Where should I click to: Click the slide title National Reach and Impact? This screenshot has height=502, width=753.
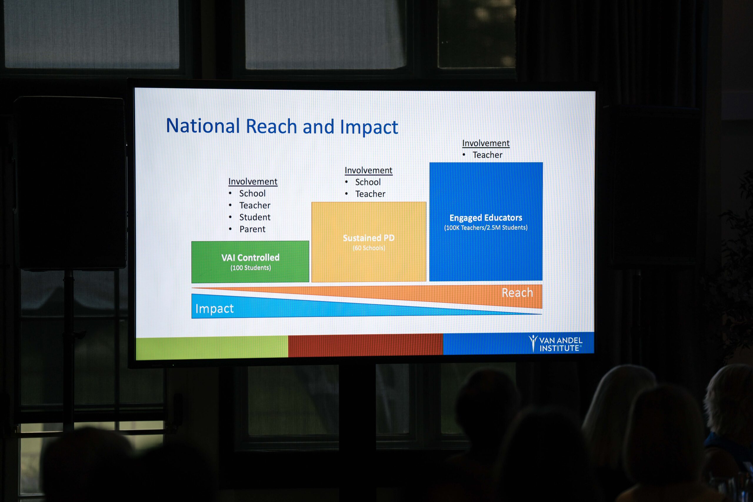point(282,126)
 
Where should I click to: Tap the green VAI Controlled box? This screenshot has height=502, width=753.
point(250,262)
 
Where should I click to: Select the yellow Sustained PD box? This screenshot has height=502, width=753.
point(369,242)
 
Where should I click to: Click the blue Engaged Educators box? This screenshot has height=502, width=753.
point(486,221)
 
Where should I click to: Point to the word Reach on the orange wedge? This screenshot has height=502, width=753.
point(517,293)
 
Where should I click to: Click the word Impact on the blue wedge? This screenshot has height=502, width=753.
point(214,308)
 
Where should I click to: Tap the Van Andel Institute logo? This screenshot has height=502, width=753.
point(555,343)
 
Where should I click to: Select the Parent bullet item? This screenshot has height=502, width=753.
point(252,229)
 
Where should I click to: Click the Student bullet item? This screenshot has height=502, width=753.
point(255,217)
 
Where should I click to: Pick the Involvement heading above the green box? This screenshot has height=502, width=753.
point(253,181)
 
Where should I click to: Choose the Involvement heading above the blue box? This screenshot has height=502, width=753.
point(486,143)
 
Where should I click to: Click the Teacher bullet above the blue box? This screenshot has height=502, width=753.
point(487,155)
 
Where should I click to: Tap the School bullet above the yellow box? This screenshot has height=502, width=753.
point(368,182)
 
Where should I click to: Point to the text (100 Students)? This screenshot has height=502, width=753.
point(251,268)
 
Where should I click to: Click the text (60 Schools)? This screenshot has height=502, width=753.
point(369,248)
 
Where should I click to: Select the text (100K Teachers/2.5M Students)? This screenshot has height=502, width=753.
point(486,228)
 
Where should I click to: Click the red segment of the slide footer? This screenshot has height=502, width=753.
point(366,345)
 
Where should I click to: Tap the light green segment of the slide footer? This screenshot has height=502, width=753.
point(212,348)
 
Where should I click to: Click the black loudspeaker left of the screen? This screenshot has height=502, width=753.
point(70,183)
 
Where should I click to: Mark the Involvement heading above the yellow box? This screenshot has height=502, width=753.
point(369,170)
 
